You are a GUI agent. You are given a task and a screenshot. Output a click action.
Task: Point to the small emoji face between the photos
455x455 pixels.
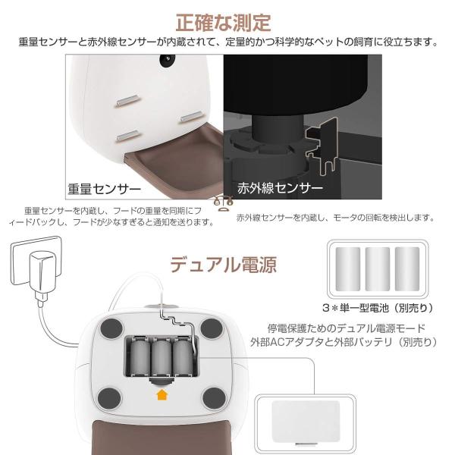(x=222, y=202)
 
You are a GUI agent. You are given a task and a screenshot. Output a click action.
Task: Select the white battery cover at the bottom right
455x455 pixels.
(x=305, y=418)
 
